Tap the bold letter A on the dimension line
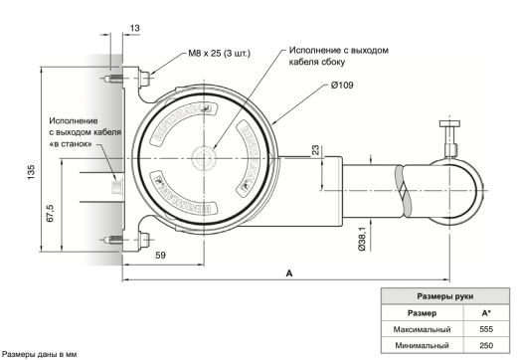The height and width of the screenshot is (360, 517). tap(288, 270)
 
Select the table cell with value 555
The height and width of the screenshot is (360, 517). tap(485, 328)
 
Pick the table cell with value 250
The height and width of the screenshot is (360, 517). tap(485, 345)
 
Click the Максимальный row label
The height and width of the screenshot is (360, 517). tap(423, 328)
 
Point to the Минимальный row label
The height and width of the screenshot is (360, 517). tap(423, 345)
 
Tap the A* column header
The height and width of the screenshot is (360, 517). tap(485, 312)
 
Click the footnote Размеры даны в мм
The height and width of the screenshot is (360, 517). tap(38, 353)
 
